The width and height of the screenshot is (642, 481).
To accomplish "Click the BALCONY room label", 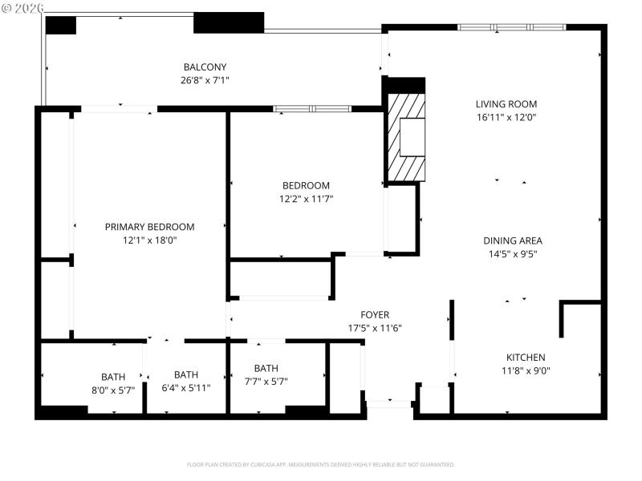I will coord(205,67).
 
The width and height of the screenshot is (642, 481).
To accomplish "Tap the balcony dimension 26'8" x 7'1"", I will coord(205,79).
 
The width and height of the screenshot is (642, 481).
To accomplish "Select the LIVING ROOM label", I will coord(506,104).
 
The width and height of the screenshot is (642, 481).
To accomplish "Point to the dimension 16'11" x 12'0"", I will coord(506,117).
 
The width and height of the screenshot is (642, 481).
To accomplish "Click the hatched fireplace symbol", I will coord(406,137).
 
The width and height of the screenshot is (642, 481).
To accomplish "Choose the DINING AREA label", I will coord(513,240).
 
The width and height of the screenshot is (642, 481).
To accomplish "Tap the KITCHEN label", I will coord(526,358).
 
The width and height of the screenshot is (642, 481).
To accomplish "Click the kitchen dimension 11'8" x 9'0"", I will coord(526,370).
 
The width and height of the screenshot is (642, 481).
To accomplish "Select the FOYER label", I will coord(374,315).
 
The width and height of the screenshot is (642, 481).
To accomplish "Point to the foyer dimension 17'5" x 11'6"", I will coord(374,328).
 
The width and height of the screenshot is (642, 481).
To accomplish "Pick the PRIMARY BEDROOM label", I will coord(149,227).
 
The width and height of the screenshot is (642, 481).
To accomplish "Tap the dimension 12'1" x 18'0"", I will coord(149,240).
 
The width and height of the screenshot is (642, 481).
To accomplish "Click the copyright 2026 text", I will coord(23,7).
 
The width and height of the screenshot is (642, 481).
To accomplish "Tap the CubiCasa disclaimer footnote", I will coord(321,464).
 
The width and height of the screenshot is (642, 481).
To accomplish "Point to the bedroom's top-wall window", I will coord(312,108).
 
